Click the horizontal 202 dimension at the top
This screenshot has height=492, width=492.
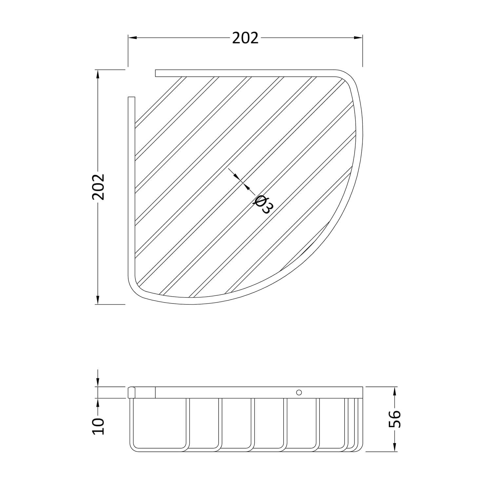pyautogui.click(x=245, y=38)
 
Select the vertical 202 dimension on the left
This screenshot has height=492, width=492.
pyautogui.click(x=98, y=187)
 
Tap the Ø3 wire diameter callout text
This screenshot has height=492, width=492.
pyautogui.click(x=263, y=205)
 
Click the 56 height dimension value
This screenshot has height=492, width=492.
pyautogui.click(x=395, y=419)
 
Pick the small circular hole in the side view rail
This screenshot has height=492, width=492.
pyautogui.click(x=298, y=392)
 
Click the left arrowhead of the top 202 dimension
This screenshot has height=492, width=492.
pyautogui.click(x=132, y=38)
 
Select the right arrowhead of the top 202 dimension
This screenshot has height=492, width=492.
pyautogui.click(x=358, y=38)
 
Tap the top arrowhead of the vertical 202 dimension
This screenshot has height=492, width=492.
pyautogui.click(x=97, y=74)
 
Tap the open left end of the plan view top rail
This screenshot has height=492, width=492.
pyautogui.click(x=156, y=73)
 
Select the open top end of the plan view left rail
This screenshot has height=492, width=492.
pyautogui.click(x=131, y=98)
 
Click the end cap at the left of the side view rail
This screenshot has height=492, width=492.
pyautogui.click(x=131, y=392)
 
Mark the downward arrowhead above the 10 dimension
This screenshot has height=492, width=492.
pyautogui.click(x=97, y=383)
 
